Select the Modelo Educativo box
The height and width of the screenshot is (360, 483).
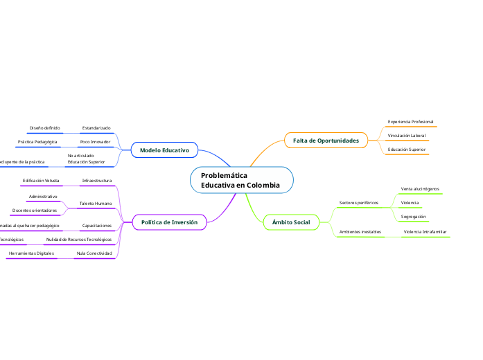164,150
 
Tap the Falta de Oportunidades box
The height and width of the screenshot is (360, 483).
326,141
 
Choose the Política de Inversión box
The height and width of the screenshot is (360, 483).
169,222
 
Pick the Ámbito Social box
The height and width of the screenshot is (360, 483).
291,222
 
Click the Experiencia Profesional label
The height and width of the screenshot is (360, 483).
410,122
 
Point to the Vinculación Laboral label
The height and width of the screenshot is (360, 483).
407,136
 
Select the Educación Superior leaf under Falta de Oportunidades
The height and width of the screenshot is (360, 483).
407,149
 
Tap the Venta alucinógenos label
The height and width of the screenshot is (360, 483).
420,188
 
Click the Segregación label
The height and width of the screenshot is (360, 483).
413,217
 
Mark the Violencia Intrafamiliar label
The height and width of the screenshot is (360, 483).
425,232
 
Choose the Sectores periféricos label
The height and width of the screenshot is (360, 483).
358,203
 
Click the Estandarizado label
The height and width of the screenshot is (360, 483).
96,128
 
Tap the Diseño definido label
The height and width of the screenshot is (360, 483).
44,128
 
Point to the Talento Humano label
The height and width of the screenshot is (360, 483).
95,204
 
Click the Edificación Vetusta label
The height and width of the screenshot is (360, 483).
41,181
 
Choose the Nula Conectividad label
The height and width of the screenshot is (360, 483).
94,253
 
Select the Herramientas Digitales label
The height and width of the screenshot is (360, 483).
31,253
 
